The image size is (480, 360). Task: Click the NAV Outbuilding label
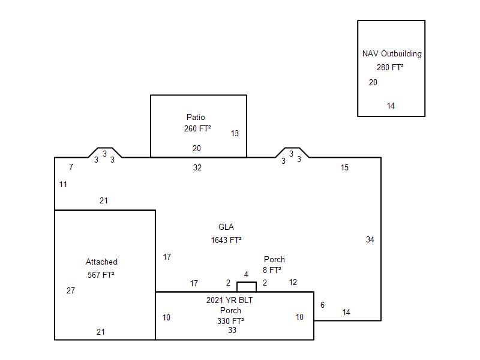[x=392, y=53]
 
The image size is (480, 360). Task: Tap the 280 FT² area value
[x=390, y=68]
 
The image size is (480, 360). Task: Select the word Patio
[x=196, y=117]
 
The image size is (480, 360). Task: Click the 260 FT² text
[x=197, y=128]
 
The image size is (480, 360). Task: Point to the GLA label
[x=226, y=227]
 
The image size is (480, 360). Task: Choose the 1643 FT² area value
[x=226, y=240]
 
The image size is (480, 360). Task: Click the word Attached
[x=101, y=262]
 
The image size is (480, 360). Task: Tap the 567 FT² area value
[x=101, y=275]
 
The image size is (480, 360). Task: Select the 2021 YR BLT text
[x=230, y=300]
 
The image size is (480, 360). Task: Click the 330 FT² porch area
[x=230, y=321]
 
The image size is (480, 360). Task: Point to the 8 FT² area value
[x=272, y=270]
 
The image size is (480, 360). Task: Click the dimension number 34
[x=370, y=239]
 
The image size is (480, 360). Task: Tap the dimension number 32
[x=197, y=167]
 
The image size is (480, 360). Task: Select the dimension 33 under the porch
[x=232, y=331]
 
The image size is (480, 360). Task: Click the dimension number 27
[x=71, y=290]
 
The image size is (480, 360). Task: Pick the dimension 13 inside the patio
[x=235, y=133]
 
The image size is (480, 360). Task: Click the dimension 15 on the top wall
[x=344, y=167]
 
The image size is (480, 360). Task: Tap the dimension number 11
[x=63, y=184]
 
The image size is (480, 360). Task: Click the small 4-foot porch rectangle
[x=247, y=287]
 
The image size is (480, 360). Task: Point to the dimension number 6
[x=322, y=305]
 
